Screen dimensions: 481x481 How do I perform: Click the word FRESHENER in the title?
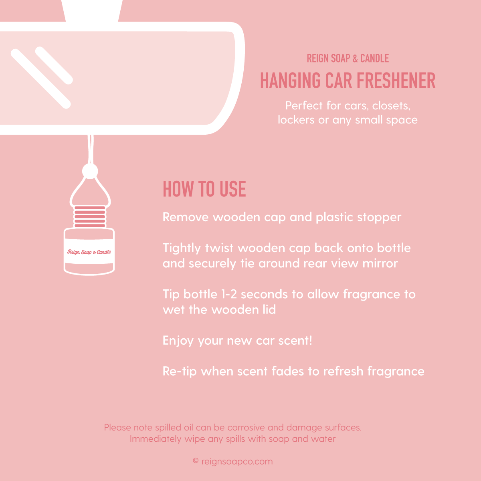[396, 81]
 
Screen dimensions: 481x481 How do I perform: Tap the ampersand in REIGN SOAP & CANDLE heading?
[355, 59]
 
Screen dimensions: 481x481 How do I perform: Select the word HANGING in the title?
[290, 81]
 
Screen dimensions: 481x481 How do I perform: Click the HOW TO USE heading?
[204, 189]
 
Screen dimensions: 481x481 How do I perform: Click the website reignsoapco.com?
[237, 461]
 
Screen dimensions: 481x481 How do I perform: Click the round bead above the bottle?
[90, 171]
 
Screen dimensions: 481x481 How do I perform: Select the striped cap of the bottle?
[90, 216]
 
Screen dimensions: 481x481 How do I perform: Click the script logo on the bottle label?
[89, 252]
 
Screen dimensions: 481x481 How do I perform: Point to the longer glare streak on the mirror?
[41, 79]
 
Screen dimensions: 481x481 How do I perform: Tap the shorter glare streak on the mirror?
[54, 65]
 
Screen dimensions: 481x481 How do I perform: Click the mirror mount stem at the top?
[92, 11]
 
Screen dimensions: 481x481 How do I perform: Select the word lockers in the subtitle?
[296, 120]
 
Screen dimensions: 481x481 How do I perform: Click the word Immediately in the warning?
[156, 439]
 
